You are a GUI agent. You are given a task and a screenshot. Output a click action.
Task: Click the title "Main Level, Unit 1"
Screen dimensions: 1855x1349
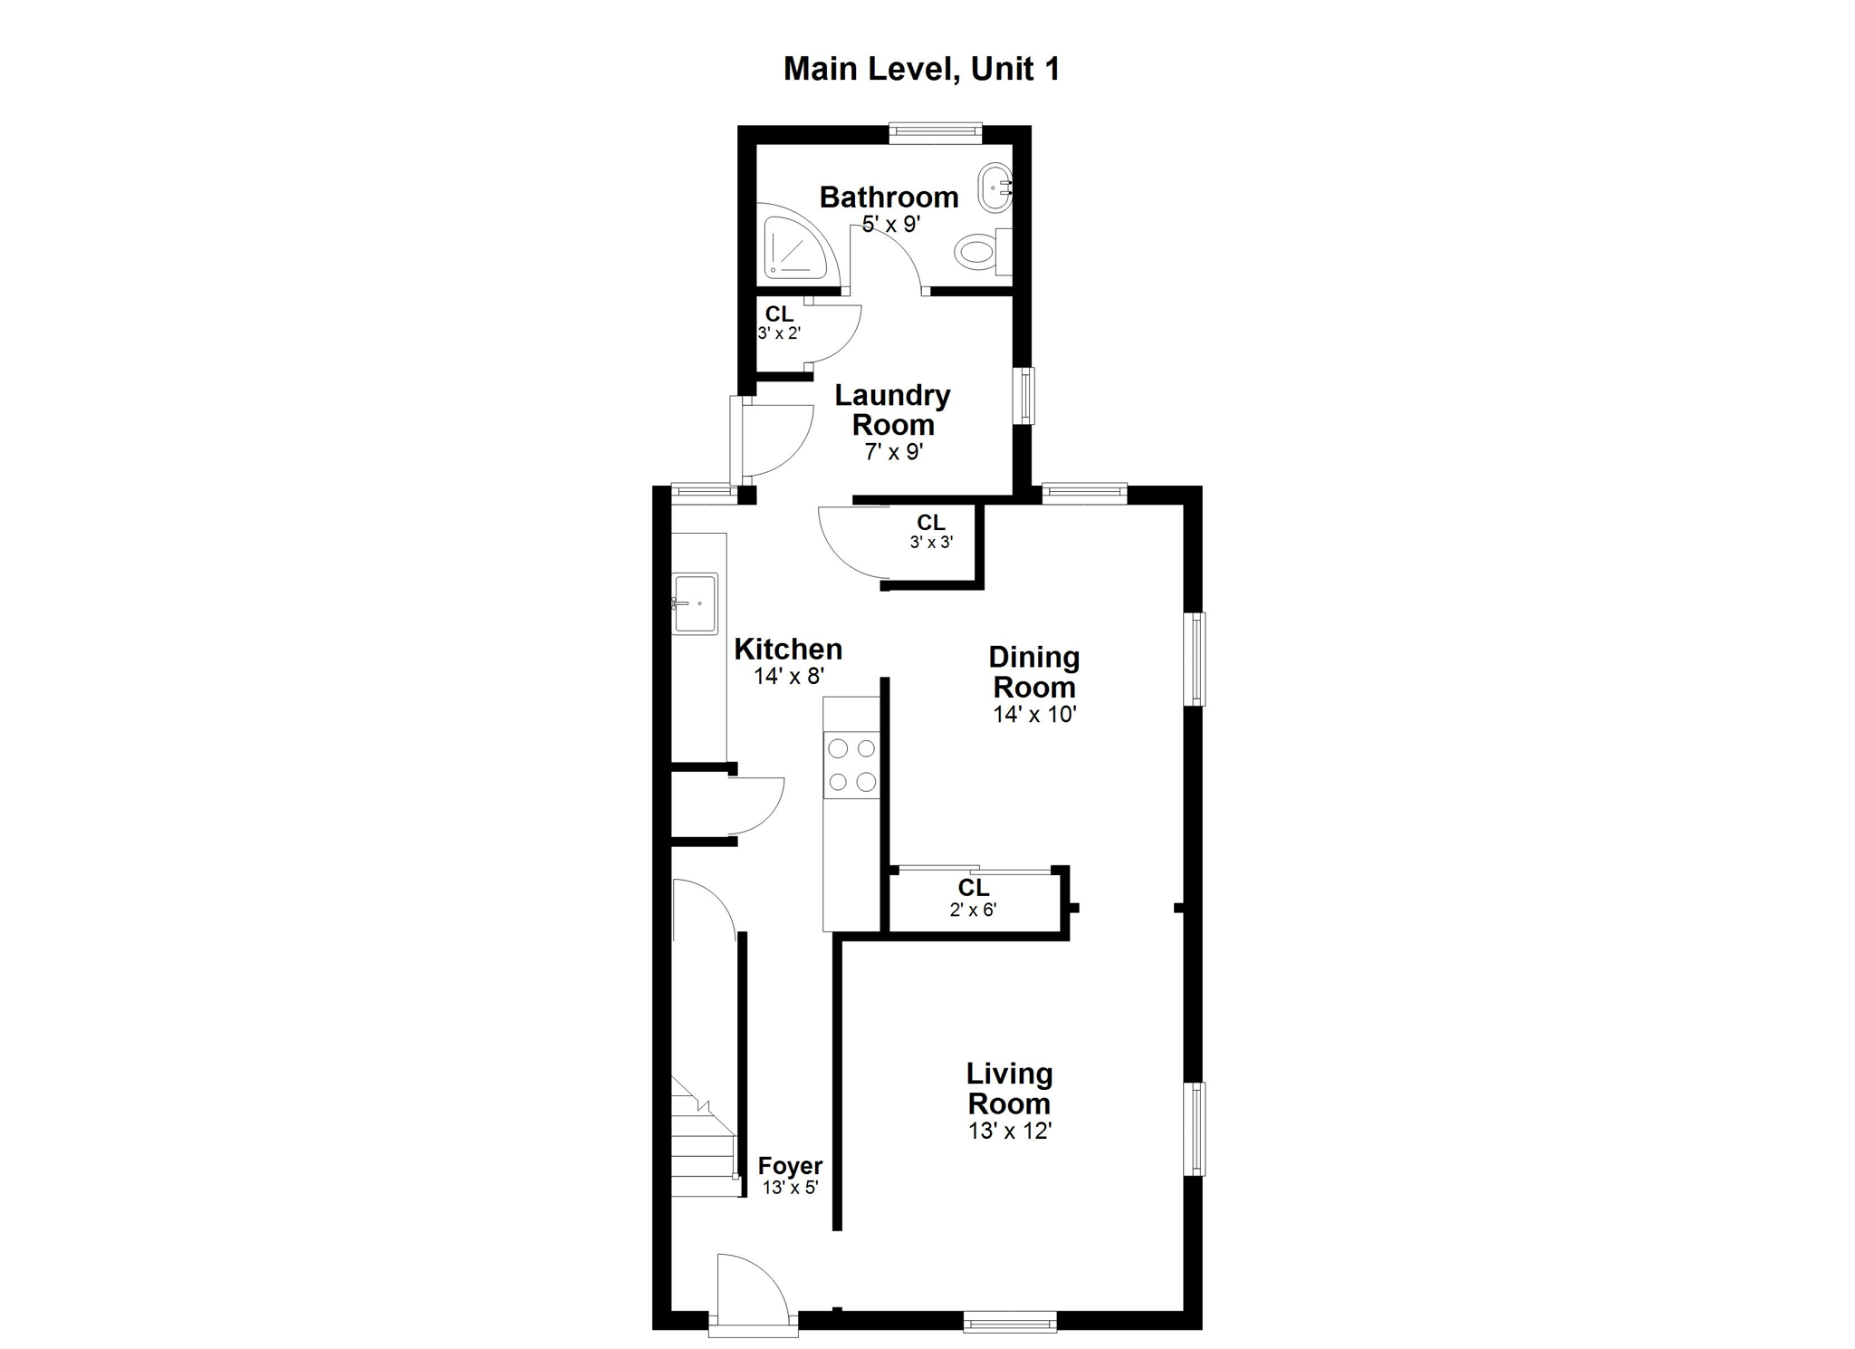[x=921, y=70]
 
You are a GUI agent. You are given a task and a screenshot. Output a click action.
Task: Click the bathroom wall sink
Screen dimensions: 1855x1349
[x=995, y=188]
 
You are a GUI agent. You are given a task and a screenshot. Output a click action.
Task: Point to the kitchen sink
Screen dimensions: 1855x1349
[x=695, y=603]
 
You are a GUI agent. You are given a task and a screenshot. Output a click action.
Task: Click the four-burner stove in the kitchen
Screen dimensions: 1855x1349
[x=851, y=765]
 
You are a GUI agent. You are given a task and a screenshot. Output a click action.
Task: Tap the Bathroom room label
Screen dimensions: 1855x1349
[x=889, y=197]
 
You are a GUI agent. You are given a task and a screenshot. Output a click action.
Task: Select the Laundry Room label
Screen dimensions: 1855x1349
[x=893, y=410]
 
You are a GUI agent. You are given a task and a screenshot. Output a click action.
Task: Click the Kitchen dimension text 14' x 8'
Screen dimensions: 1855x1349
[x=789, y=676]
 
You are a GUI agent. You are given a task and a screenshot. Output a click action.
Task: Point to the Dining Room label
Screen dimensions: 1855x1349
[x=1034, y=672]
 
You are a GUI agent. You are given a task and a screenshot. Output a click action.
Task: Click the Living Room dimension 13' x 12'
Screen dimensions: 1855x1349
[x=1009, y=1131]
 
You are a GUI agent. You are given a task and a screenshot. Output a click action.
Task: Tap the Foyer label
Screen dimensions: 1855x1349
[x=790, y=1166]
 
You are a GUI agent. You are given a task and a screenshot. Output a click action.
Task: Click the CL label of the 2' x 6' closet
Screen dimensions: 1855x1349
[x=974, y=888]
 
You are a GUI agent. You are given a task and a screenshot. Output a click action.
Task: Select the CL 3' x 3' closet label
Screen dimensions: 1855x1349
[x=931, y=532]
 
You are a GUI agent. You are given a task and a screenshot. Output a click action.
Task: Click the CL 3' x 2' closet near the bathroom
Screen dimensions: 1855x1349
[x=779, y=323]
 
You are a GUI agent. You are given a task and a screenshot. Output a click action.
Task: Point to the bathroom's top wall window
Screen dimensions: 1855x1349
[x=936, y=134]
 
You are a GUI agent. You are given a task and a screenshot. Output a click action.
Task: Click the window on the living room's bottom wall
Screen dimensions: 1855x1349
[x=1010, y=1321]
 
